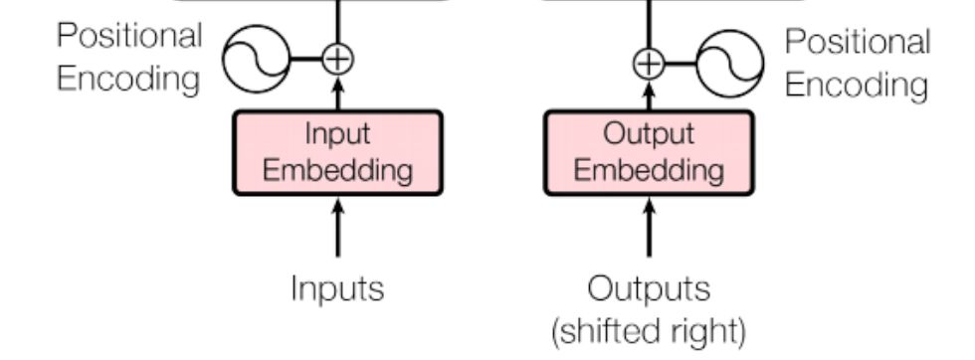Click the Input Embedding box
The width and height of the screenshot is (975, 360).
point(337,152)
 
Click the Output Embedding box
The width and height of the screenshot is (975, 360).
point(649,152)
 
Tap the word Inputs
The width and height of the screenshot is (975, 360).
point(337,288)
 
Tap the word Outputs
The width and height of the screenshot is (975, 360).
point(650,288)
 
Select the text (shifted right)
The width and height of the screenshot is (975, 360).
point(650,329)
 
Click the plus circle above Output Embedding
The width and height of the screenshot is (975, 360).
point(649,64)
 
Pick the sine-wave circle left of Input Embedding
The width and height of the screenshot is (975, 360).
point(255,59)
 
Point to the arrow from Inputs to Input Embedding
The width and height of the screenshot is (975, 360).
point(337,229)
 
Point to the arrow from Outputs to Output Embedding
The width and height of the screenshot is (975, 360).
point(649,229)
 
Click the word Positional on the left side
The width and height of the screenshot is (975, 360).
point(129,38)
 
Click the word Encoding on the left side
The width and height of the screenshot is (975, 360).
point(127,80)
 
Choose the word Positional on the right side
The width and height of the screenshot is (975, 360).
point(858,43)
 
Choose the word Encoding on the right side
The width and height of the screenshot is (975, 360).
point(856,85)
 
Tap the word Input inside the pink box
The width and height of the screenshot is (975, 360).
point(337,134)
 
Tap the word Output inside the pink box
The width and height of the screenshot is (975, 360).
point(649,134)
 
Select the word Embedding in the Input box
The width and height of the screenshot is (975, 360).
point(337,169)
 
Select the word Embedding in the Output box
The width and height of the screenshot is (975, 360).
point(649,169)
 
